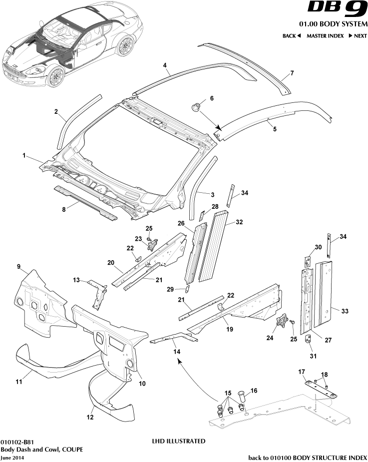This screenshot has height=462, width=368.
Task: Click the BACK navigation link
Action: click(292, 36)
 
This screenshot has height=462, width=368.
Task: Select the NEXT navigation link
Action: click(358, 36)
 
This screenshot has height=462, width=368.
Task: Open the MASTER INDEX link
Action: click(324, 36)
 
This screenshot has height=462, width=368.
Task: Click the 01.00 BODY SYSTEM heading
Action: click(333, 24)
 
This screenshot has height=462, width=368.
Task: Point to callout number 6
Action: click(212, 98)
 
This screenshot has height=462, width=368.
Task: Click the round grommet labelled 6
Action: click(197, 106)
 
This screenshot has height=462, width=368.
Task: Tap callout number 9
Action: click(19, 267)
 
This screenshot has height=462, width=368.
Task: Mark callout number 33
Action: click(345, 311)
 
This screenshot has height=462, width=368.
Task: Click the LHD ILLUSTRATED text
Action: click(178, 442)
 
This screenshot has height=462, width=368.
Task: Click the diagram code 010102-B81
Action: click(17, 442)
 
